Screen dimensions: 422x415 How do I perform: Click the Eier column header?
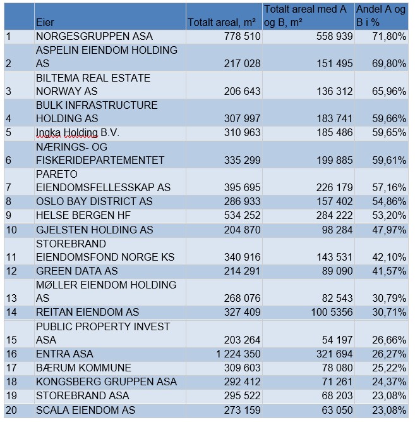point(45,23)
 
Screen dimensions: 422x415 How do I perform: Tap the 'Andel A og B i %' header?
point(380,16)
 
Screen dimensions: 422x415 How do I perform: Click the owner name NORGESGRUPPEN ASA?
point(94,37)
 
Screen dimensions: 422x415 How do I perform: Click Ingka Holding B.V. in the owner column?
point(77,133)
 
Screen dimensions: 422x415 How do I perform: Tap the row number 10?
point(11,230)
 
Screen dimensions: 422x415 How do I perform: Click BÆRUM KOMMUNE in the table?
point(83,368)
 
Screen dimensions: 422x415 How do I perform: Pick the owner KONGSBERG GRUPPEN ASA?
point(106,382)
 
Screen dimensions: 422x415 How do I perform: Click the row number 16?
point(11,354)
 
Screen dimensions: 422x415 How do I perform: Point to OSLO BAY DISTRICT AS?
point(94,202)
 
